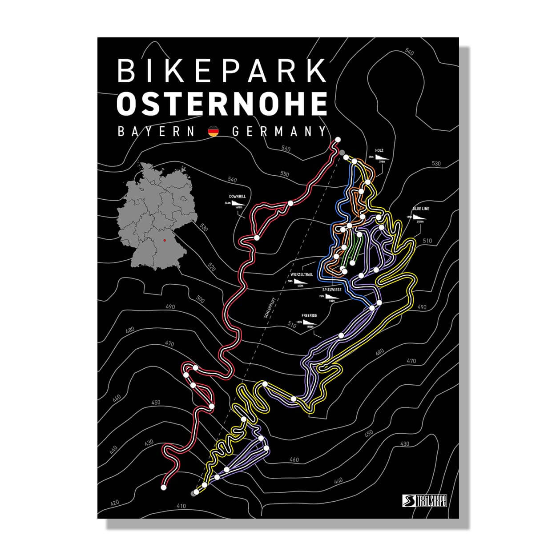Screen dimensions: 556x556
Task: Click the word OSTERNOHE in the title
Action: (x=222, y=103)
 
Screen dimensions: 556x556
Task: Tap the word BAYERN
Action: (x=156, y=132)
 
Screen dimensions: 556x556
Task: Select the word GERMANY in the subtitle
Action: (x=279, y=132)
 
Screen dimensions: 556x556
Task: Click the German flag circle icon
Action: (x=214, y=132)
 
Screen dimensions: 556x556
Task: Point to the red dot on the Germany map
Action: (x=165, y=240)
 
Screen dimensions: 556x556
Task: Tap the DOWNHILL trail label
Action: (x=237, y=196)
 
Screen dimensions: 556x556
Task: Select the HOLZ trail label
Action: (x=379, y=151)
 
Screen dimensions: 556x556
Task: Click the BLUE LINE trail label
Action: (x=421, y=209)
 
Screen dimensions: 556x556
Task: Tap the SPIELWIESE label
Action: (x=332, y=290)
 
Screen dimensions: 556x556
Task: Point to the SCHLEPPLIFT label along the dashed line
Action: (x=268, y=308)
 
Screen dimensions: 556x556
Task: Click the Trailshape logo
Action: (x=424, y=500)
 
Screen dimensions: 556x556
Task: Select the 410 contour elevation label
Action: (x=181, y=506)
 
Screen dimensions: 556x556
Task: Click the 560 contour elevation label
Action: (x=286, y=149)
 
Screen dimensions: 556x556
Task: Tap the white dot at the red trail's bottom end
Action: (x=164, y=488)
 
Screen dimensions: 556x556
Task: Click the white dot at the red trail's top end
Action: (x=338, y=140)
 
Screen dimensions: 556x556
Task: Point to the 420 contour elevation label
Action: (x=114, y=503)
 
